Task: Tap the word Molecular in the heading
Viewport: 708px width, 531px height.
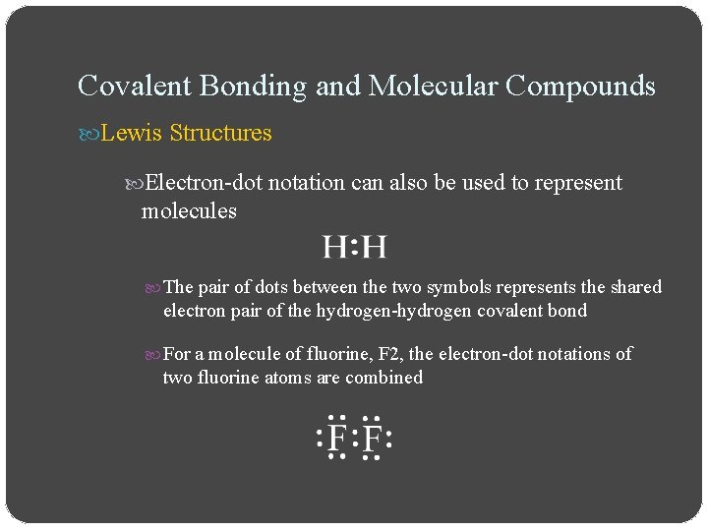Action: tap(433, 87)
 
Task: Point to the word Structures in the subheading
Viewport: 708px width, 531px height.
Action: tap(220, 133)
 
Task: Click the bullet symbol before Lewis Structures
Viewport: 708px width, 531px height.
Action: tap(88, 133)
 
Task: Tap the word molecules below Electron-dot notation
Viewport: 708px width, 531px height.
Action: tap(189, 210)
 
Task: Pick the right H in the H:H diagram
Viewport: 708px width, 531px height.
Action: tap(375, 247)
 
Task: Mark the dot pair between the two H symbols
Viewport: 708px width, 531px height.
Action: tap(354, 247)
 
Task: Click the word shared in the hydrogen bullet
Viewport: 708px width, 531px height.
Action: tap(636, 287)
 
